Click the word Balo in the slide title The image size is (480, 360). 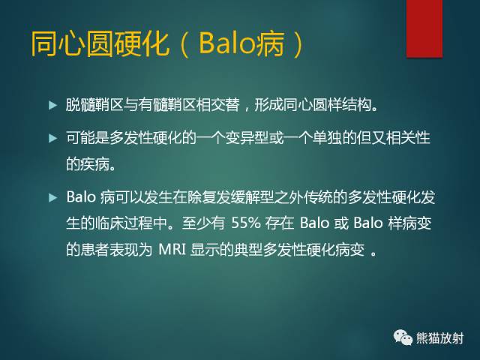225,44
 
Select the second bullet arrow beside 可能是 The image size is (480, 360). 52,138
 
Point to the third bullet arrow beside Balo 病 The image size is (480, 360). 52,198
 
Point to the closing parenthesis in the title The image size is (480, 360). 298,44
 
